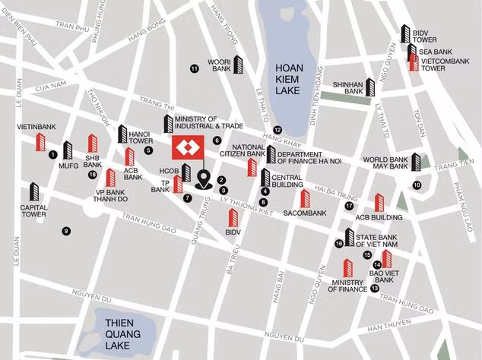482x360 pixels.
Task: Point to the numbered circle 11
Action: [x=194, y=69]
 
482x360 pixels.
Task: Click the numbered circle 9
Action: [x=66, y=231]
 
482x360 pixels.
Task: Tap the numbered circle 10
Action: [x=417, y=185]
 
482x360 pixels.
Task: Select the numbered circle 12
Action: [x=278, y=130]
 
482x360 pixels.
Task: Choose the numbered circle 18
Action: [x=92, y=175]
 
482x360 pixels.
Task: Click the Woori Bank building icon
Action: [x=238, y=65]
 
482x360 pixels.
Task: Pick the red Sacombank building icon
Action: [x=305, y=198]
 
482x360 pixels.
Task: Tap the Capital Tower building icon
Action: [x=33, y=192]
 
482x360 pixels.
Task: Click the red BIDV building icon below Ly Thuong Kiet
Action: [x=234, y=219]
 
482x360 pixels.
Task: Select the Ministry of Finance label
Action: [x=347, y=286]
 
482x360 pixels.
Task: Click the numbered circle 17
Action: [x=349, y=206]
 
